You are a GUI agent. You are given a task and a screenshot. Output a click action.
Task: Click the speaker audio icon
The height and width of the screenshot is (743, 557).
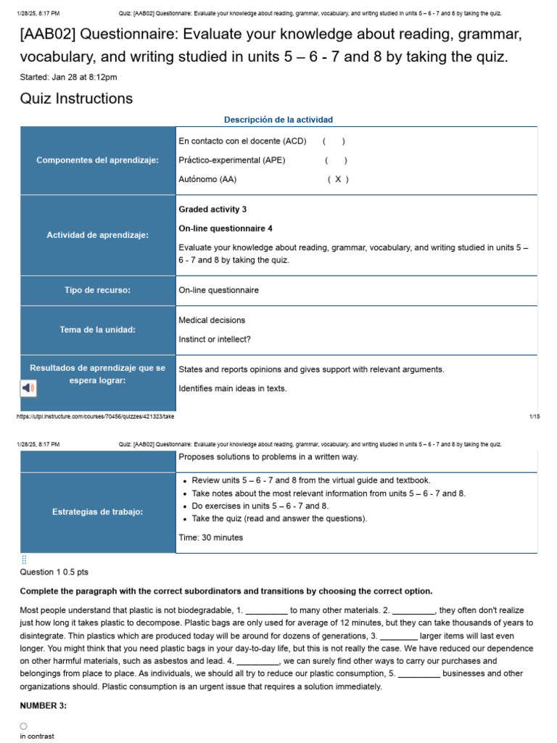coord(28,388)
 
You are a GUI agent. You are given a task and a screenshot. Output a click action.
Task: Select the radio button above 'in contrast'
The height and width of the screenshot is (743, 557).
coord(24,726)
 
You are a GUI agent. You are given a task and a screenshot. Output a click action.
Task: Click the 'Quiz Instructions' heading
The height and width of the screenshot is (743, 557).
coord(76,99)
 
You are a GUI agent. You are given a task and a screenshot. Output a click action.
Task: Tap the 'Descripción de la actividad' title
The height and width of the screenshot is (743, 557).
coord(278,120)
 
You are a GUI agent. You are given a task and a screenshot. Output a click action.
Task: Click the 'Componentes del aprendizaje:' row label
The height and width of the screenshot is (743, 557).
coord(98,160)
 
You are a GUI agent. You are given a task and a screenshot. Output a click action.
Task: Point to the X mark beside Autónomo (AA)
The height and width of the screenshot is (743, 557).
coord(337,179)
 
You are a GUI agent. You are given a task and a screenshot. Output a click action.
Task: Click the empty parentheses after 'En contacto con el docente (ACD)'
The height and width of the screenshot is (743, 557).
coord(334,141)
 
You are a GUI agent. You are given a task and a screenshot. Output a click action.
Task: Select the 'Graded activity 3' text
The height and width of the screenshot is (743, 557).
coord(213,210)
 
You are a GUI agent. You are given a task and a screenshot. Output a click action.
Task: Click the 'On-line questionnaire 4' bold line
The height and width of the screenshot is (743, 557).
coord(226,229)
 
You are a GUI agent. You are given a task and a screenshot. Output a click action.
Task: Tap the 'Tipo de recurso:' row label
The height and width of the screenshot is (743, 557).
coord(98,290)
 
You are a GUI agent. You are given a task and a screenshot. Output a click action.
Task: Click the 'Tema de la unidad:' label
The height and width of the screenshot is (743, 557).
coord(98,329)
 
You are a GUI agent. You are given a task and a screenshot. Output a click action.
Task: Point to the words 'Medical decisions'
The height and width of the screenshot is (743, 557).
coord(212,320)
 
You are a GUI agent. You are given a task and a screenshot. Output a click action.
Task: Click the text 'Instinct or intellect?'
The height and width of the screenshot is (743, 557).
coord(215,339)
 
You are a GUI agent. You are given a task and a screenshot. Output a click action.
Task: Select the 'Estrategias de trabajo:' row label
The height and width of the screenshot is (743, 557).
coord(98,512)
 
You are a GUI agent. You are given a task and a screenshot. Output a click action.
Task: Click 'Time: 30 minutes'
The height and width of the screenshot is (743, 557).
coord(211,538)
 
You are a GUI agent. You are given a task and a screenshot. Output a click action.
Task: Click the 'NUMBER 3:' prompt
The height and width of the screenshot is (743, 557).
coord(44,706)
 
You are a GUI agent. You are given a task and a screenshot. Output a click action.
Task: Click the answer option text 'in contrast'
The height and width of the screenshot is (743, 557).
coord(37,736)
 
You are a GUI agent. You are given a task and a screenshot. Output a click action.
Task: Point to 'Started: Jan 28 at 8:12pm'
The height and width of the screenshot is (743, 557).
coord(69,77)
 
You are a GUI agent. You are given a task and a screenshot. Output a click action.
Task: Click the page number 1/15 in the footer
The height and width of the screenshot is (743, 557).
coord(535,416)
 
